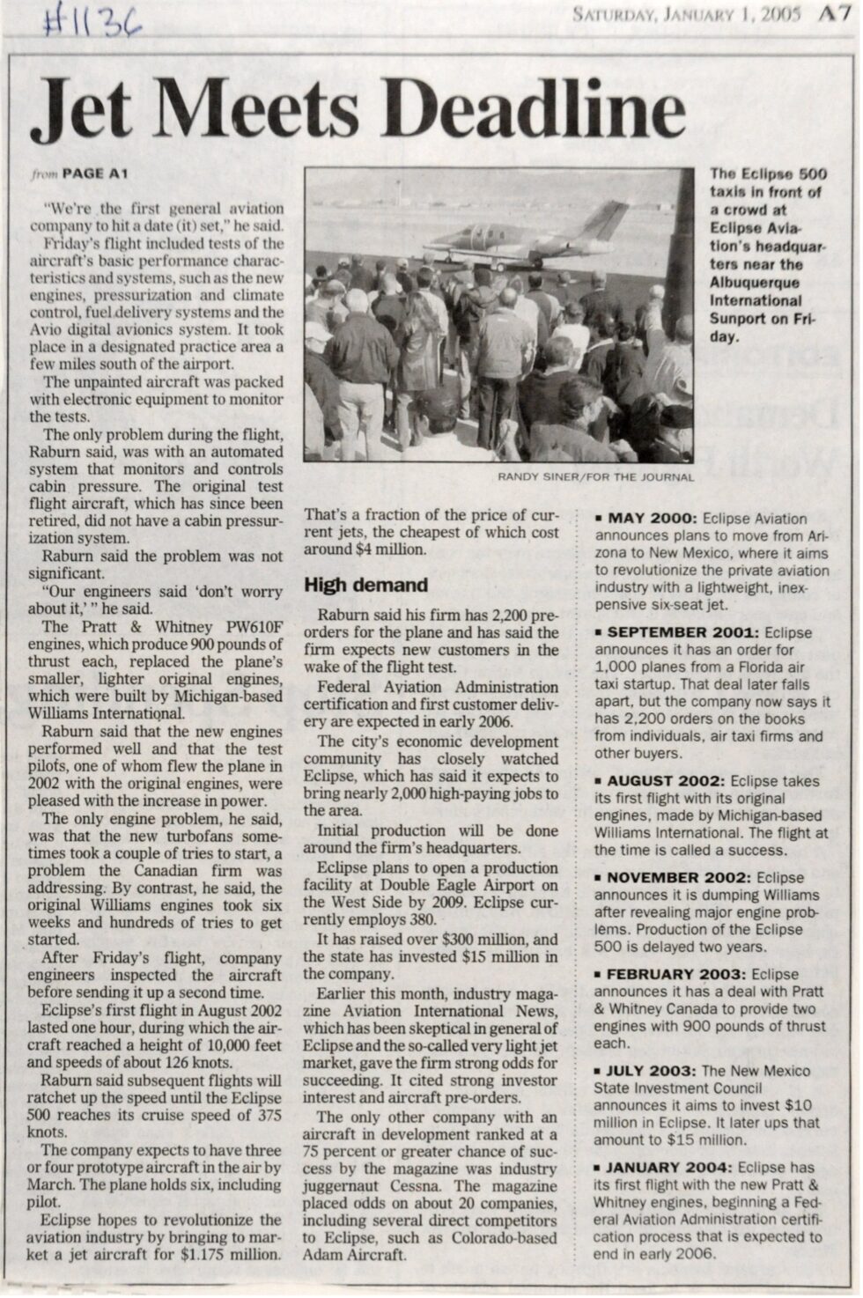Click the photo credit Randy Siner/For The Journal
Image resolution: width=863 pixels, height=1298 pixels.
pos(595,476)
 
